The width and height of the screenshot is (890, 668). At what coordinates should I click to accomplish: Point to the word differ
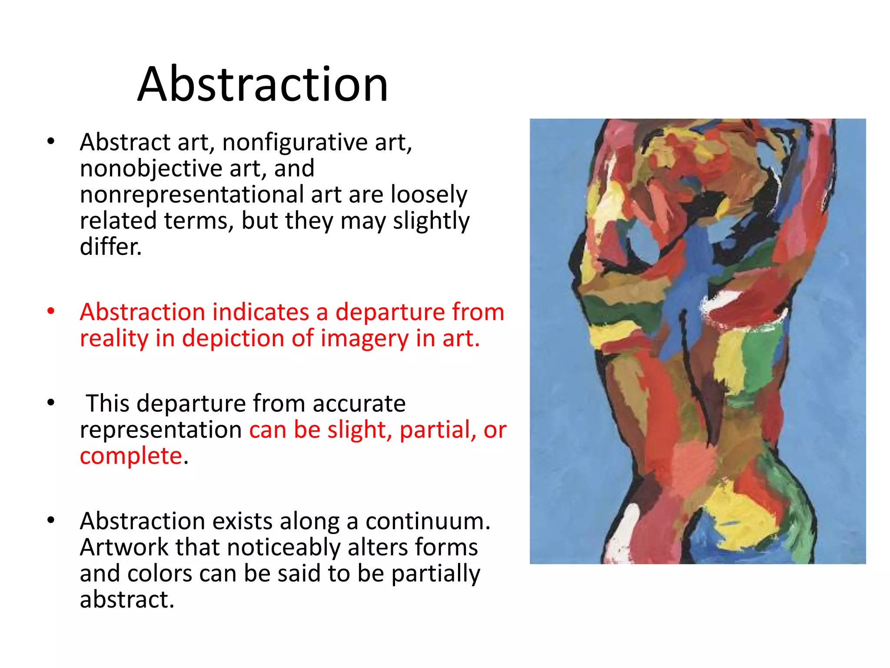click(x=110, y=247)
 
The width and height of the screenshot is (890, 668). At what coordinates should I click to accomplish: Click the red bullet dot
click(x=51, y=311)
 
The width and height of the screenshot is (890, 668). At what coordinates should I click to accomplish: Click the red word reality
click(x=114, y=339)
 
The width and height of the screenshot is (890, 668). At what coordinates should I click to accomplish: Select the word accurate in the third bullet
click(x=359, y=403)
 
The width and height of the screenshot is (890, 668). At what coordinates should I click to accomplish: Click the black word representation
click(x=161, y=430)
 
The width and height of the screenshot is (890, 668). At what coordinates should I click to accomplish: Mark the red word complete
click(x=131, y=456)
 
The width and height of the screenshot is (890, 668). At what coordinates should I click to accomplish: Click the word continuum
click(x=428, y=521)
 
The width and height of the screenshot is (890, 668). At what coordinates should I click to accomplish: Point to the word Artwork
click(x=124, y=547)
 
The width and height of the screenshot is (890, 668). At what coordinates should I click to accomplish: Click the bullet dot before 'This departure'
click(x=51, y=403)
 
